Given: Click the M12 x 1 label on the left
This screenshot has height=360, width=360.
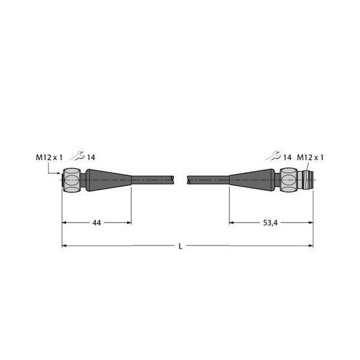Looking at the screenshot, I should (x=49, y=157).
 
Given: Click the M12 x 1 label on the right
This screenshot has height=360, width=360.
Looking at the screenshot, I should (x=310, y=157).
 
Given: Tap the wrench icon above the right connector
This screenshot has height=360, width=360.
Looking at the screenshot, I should (x=274, y=157).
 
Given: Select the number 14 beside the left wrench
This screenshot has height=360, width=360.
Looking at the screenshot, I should (x=91, y=157).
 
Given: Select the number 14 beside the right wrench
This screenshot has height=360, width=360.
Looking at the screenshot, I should (x=287, y=157).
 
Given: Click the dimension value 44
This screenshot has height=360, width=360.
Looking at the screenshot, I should (x=97, y=223).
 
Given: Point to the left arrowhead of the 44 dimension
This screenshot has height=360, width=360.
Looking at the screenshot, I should (x=65, y=223).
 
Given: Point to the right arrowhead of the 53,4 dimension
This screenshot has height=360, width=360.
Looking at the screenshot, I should (x=311, y=223).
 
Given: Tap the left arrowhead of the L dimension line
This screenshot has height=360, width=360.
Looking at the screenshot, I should (x=65, y=246).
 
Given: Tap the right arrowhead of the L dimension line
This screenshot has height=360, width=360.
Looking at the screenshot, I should (x=311, y=246).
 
